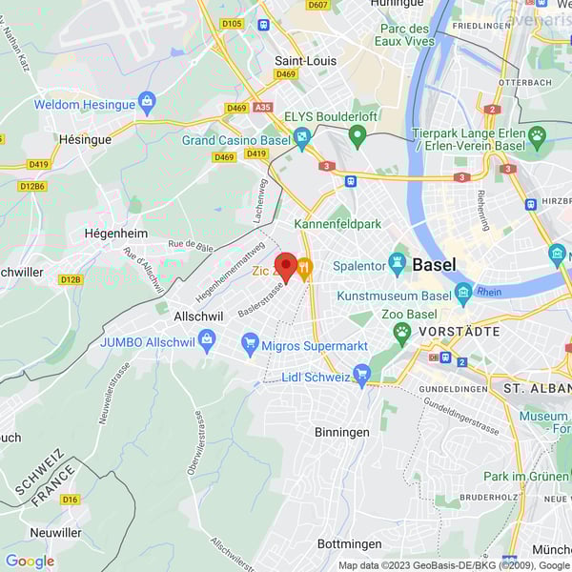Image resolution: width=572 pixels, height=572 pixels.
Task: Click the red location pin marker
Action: (285, 266)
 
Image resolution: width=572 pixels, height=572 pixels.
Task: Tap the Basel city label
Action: (434, 264)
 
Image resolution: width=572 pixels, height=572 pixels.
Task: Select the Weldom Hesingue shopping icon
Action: (147, 100)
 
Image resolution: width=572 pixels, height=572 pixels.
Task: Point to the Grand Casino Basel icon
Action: (302, 140)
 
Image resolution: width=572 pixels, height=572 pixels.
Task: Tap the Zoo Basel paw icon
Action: (402, 332)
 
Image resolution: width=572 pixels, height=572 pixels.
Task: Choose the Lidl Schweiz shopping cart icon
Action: (361, 375)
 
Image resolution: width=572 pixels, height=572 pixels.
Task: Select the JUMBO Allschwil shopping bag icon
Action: (207, 337)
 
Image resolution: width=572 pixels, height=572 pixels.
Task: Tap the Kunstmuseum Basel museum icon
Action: (463, 291)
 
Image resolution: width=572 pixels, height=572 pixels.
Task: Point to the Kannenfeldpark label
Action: (337, 224)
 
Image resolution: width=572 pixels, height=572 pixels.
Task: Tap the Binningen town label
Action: (342, 432)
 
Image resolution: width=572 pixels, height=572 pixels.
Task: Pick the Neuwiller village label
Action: (55, 532)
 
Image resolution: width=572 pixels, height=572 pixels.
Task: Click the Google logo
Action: (30, 562)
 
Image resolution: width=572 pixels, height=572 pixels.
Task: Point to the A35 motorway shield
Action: (263, 108)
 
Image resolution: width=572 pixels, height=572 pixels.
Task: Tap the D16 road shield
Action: (70, 499)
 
